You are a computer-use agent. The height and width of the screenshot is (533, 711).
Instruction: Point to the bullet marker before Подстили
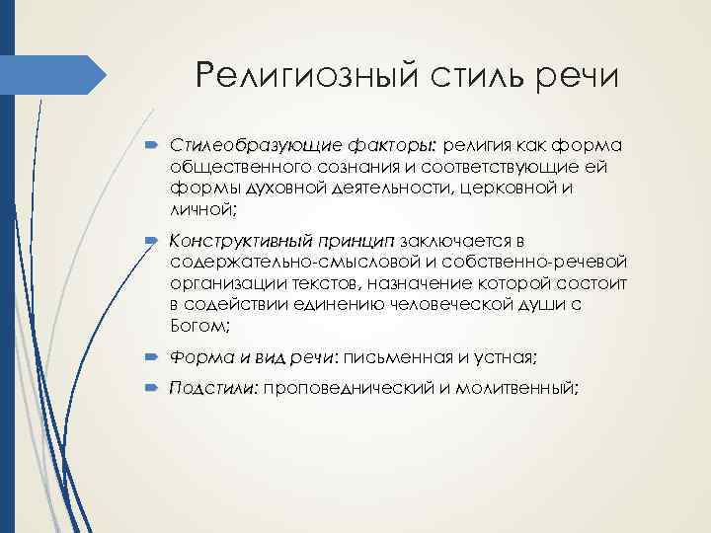(x=158, y=389)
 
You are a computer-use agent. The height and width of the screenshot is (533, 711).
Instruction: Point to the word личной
(x=201, y=209)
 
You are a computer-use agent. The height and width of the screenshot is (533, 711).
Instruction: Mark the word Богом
(x=199, y=325)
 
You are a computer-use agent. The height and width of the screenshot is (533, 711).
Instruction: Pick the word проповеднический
(x=352, y=389)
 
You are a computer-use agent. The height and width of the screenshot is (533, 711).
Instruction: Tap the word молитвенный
(x=513, y=389)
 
